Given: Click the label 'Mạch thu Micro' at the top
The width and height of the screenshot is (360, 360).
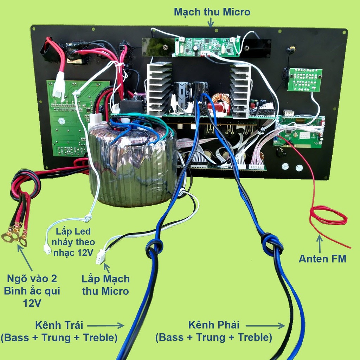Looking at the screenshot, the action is click(x=212, y=12).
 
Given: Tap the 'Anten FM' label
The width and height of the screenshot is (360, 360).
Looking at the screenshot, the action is click(x=322, y=259).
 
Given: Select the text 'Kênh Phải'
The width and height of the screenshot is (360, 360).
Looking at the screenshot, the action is click(x=214, y=324).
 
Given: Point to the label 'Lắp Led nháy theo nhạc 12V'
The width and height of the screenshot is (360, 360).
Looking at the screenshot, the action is click(x=74, y=242).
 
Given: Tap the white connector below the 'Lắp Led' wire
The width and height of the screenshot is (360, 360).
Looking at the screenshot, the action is click(x=47, y=249).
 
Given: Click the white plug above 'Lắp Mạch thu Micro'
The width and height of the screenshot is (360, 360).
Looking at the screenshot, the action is click(x=100, y=257).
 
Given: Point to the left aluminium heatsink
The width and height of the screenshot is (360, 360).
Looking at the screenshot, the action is click(x=159, y=88).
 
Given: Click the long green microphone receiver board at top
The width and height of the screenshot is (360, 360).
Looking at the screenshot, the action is click(x=207, y=47).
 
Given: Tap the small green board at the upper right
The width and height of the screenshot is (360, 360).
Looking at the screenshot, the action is click(x=304, y=80).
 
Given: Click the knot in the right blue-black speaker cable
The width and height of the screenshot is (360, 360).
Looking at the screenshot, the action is click(x=272, y=243).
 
